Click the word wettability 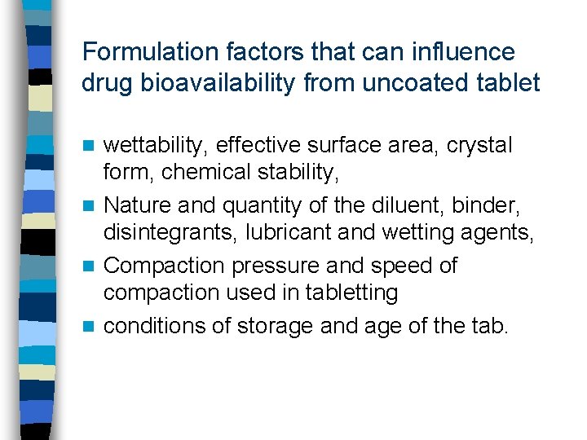click(154, 146)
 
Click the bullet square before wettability click(92, 147)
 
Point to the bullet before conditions click(92, 328)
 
